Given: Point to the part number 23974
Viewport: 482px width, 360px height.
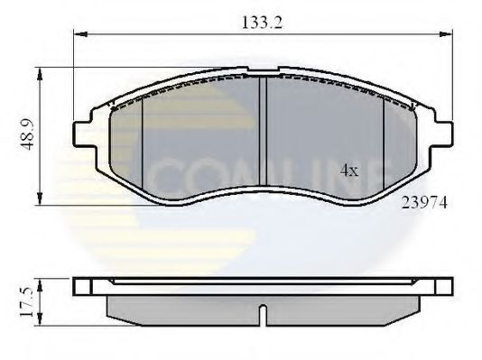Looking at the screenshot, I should pyautogui.click(x=423, y=204).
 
